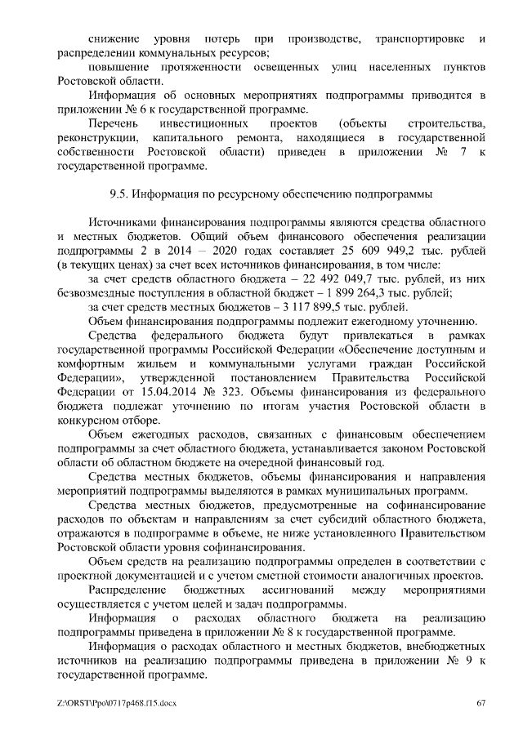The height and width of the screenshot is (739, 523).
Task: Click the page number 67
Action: (x=481, y=703)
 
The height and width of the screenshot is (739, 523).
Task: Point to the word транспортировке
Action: (x=416, y=39)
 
